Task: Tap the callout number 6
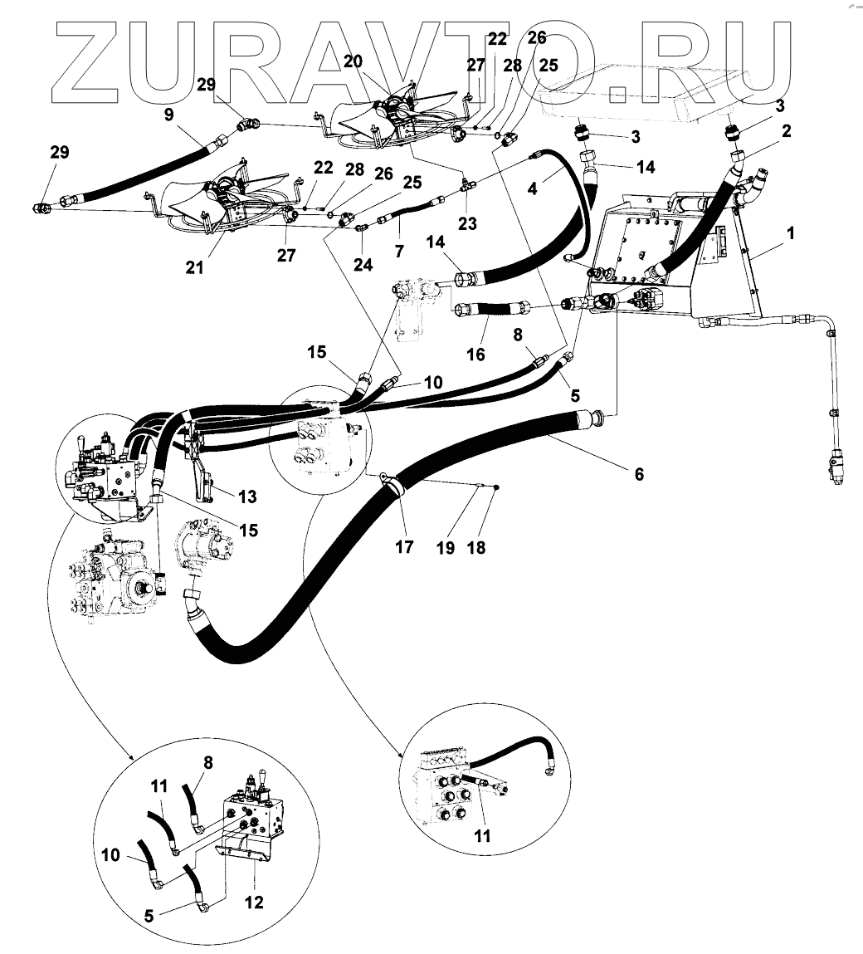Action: tap(638, 474)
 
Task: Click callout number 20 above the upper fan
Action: tap(353, 62)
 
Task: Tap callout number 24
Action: tap(363, 265)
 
